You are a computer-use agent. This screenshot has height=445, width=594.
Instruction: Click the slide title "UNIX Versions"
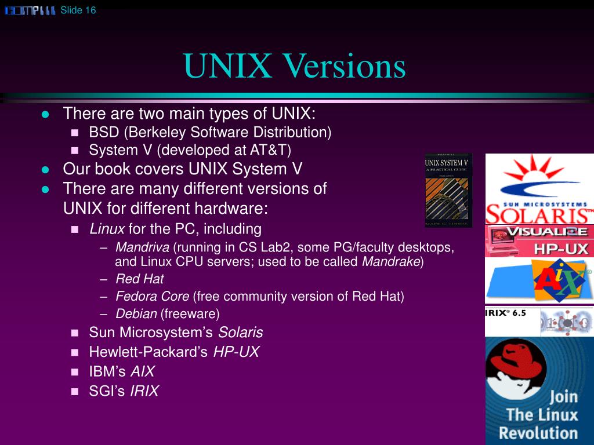click(295, 67)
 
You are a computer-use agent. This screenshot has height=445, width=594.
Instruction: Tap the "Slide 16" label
click(78, 10)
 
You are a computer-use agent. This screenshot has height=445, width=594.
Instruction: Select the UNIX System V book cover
click(448, 190)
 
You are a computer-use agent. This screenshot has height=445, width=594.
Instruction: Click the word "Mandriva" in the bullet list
click(142, 247)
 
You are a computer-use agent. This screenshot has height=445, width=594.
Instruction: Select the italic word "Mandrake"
click(391, 261)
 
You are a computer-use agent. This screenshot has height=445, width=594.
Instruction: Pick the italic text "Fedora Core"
click(152, 296)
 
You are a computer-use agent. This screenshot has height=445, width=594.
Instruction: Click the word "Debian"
click(136, 314)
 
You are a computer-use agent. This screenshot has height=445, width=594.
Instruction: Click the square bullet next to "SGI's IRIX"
click(74, 392)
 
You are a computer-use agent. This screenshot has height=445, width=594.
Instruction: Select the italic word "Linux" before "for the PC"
click(107, 229)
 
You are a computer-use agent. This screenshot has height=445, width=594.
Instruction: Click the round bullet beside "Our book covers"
click(45, 170)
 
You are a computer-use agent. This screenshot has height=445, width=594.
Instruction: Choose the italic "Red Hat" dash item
click(139, 279)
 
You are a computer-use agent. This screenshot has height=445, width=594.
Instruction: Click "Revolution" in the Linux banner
click(538, 432)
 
